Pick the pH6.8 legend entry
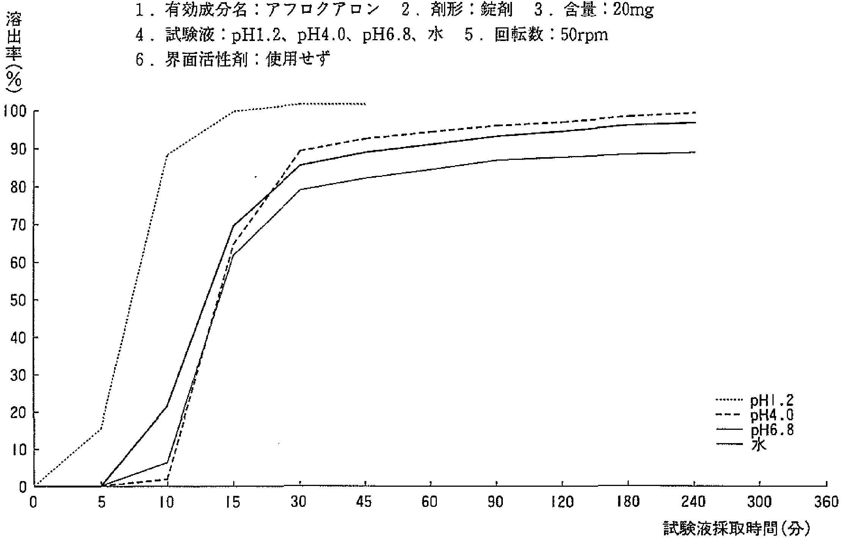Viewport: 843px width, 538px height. (x=766, y=430)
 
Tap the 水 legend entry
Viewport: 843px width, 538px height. (x=759, y=444)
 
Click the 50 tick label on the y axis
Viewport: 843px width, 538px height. (x=18, y=300)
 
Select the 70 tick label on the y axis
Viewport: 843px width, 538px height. (x=18, y=225)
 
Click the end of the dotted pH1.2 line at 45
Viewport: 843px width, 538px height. (x=365, y=104)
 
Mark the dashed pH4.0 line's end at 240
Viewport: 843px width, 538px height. (x=695, y=113)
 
